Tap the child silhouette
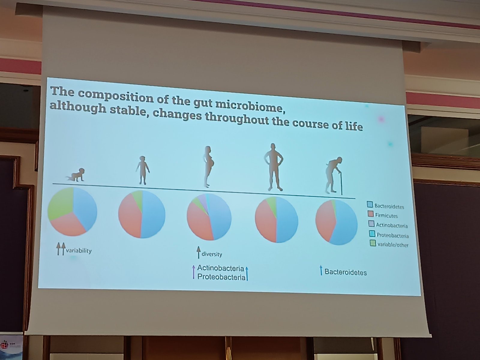142,170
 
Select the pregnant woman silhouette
208,166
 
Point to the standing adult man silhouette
273,167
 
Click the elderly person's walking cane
341,184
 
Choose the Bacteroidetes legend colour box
370,204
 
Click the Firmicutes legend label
386,216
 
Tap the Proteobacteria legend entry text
392,235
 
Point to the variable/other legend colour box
373,243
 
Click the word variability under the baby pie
79,250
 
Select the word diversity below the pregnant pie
212,254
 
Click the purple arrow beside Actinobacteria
193,272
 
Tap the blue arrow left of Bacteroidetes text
321,270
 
